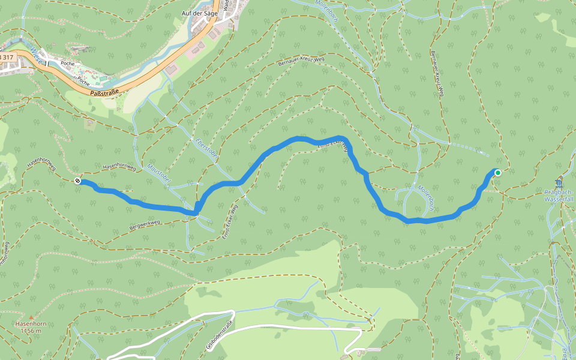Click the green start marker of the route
tap(497, 173)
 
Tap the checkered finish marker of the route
tap(77, 181)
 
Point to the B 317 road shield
tap(6, 56)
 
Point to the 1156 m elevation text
tap(30, 331)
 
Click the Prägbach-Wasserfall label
tap(559, 195)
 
